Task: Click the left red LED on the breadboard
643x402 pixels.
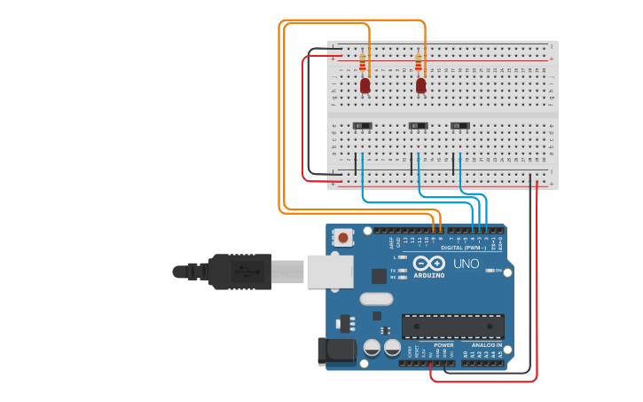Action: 365,85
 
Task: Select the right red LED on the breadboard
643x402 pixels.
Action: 420,85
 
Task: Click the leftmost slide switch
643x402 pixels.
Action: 363,126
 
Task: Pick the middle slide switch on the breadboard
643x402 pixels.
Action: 418,126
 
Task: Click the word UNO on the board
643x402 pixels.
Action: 467,264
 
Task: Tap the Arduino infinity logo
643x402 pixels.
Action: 428,264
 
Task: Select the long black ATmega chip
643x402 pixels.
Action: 452,326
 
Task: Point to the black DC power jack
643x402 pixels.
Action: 337,351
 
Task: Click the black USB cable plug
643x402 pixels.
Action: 239,271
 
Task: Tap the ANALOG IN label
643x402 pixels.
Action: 485,344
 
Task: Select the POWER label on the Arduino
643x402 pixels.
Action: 443,344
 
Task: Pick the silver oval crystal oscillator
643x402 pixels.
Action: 376,300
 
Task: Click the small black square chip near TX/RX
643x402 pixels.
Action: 380,276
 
